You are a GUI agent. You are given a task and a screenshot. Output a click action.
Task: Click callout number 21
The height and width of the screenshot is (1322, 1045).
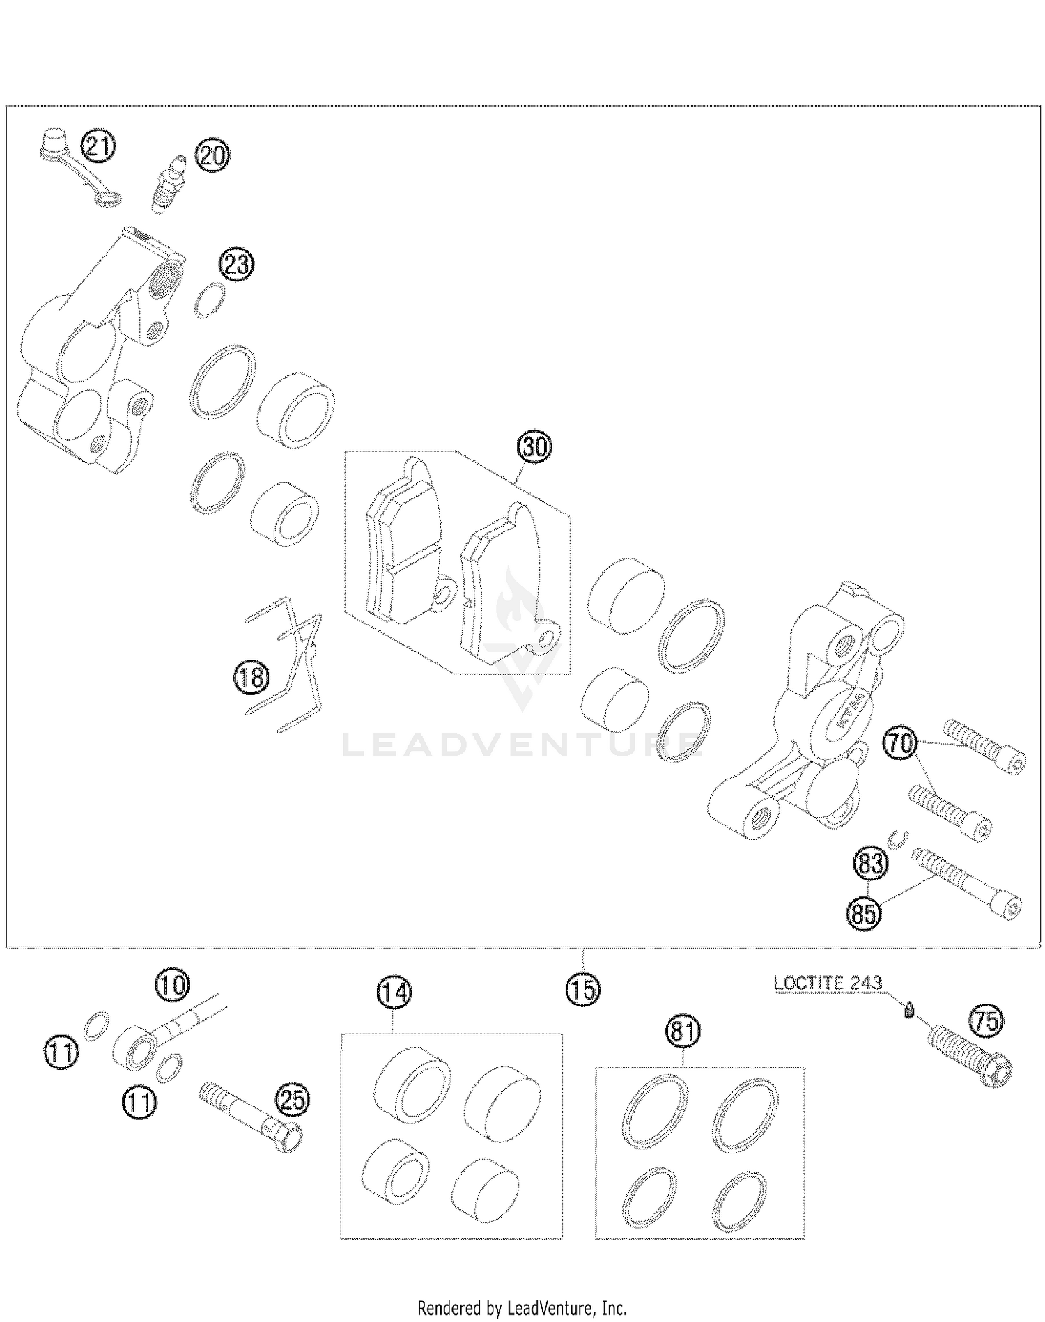coord(98,147)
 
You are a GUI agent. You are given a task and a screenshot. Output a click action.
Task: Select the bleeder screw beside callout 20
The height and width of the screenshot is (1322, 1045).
coord(166,183)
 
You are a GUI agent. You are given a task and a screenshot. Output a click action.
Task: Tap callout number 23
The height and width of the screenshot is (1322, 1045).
coord(237,265)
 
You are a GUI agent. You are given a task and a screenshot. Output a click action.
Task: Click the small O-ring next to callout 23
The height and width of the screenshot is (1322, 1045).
coord(210,301)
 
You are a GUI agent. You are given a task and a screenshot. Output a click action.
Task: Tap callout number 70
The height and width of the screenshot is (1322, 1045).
coord(901,743)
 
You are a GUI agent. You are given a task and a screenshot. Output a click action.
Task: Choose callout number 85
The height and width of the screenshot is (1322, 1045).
coord(865,912)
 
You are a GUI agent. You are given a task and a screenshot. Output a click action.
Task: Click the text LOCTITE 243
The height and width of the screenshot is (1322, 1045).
coord(828,983)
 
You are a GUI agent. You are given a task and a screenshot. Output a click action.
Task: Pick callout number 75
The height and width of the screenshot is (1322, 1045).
coord(986,1022)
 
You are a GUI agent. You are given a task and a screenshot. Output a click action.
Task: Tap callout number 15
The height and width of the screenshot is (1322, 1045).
coord(582,988)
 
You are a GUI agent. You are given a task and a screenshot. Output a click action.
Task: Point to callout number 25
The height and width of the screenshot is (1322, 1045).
coord(293,1101)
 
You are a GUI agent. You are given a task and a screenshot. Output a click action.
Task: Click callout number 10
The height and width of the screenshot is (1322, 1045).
coord(171,985)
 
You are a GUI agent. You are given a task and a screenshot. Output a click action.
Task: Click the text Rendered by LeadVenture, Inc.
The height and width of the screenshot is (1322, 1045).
coord(522,1307)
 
